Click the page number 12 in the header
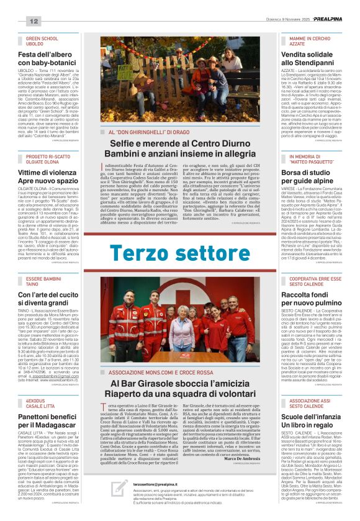[x=34, y=22]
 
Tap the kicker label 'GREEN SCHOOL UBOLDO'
[x=43, y=42]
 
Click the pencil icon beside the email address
[x=120, y=487]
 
